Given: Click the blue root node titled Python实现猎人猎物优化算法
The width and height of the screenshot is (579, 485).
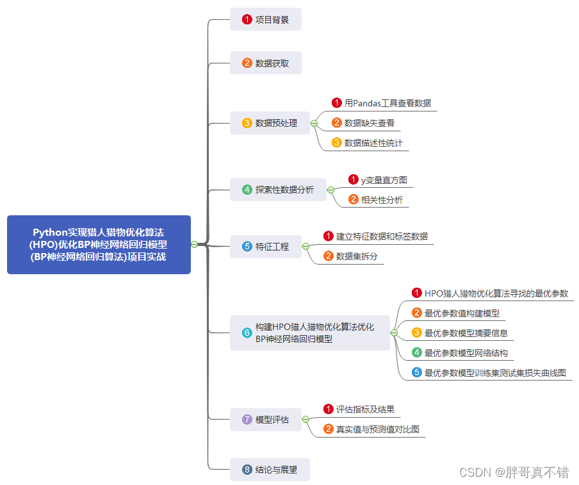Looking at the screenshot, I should click(x=99, y=245).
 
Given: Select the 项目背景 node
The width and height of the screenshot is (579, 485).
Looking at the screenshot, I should click(x=266, y=20).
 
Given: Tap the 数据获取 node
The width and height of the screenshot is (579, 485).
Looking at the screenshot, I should click(x=266, y=63).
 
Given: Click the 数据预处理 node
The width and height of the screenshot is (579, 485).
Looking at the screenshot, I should click(x=270, y=123).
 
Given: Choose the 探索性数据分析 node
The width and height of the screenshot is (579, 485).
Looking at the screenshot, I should click(x=278, y=190).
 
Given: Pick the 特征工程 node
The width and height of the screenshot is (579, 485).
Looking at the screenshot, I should click(x=266, y=246).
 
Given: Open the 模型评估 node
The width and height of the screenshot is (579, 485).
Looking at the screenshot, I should click(x=266, y=420).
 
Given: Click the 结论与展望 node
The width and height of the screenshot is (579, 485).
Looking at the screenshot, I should click(x=270, y=470).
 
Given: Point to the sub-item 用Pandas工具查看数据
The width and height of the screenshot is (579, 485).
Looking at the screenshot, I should click(x=387, y=103).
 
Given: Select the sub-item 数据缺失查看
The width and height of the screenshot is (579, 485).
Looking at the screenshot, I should click(x=369, y=123).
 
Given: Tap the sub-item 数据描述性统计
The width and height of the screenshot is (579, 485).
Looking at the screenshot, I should click(x=373, y=143).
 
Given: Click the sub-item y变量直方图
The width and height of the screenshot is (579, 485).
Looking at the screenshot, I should click(x=384, y=180).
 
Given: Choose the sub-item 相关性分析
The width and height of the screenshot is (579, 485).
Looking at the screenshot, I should click(x=382, y=200).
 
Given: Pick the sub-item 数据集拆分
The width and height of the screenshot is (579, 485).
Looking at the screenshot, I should click(x=357, y=256).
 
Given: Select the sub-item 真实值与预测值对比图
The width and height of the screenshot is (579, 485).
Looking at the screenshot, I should click(x=377, y=429).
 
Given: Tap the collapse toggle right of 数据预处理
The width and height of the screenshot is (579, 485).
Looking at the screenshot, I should click(x=314, y=123).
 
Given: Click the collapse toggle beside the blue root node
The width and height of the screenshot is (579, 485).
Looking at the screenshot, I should click(x=194, y=244).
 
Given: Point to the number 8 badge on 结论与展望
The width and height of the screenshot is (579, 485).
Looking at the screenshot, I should click(x=247, y=470).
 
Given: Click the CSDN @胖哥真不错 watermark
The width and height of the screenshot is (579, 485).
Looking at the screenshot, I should click(x=514, y=473).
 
